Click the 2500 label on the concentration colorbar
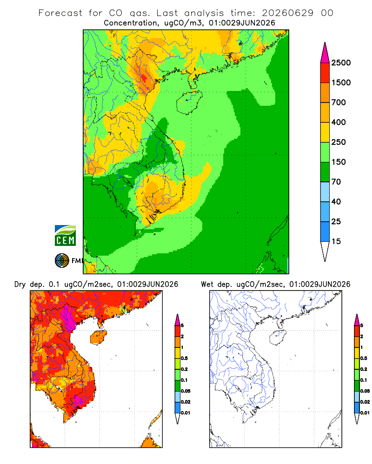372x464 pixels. pos(341,63)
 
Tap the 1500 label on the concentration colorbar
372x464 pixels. pos(341,83)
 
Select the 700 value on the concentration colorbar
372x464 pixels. pos(339,103)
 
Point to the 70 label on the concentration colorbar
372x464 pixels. pos(336,182)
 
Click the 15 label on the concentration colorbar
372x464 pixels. pos(336,241)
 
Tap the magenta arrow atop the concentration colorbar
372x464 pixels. pos(325,53)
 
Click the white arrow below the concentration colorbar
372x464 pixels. pos(325,251)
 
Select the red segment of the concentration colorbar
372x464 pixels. pos(325,73)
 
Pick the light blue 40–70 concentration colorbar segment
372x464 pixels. pos(325,192)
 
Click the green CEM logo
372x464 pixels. pos(65,236)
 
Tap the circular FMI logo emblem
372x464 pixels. pos(62,261)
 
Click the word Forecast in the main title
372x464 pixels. pos(60,13)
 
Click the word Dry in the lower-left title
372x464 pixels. pos(20,284)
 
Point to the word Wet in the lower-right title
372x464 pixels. pos(207,284)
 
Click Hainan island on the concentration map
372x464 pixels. pos(190,102)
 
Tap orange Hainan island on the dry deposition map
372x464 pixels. pos(98,337)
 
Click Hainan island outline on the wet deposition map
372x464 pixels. pos(278,337)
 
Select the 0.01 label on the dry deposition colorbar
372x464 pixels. pos(186,413)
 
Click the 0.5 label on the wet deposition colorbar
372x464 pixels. pos(364,358)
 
